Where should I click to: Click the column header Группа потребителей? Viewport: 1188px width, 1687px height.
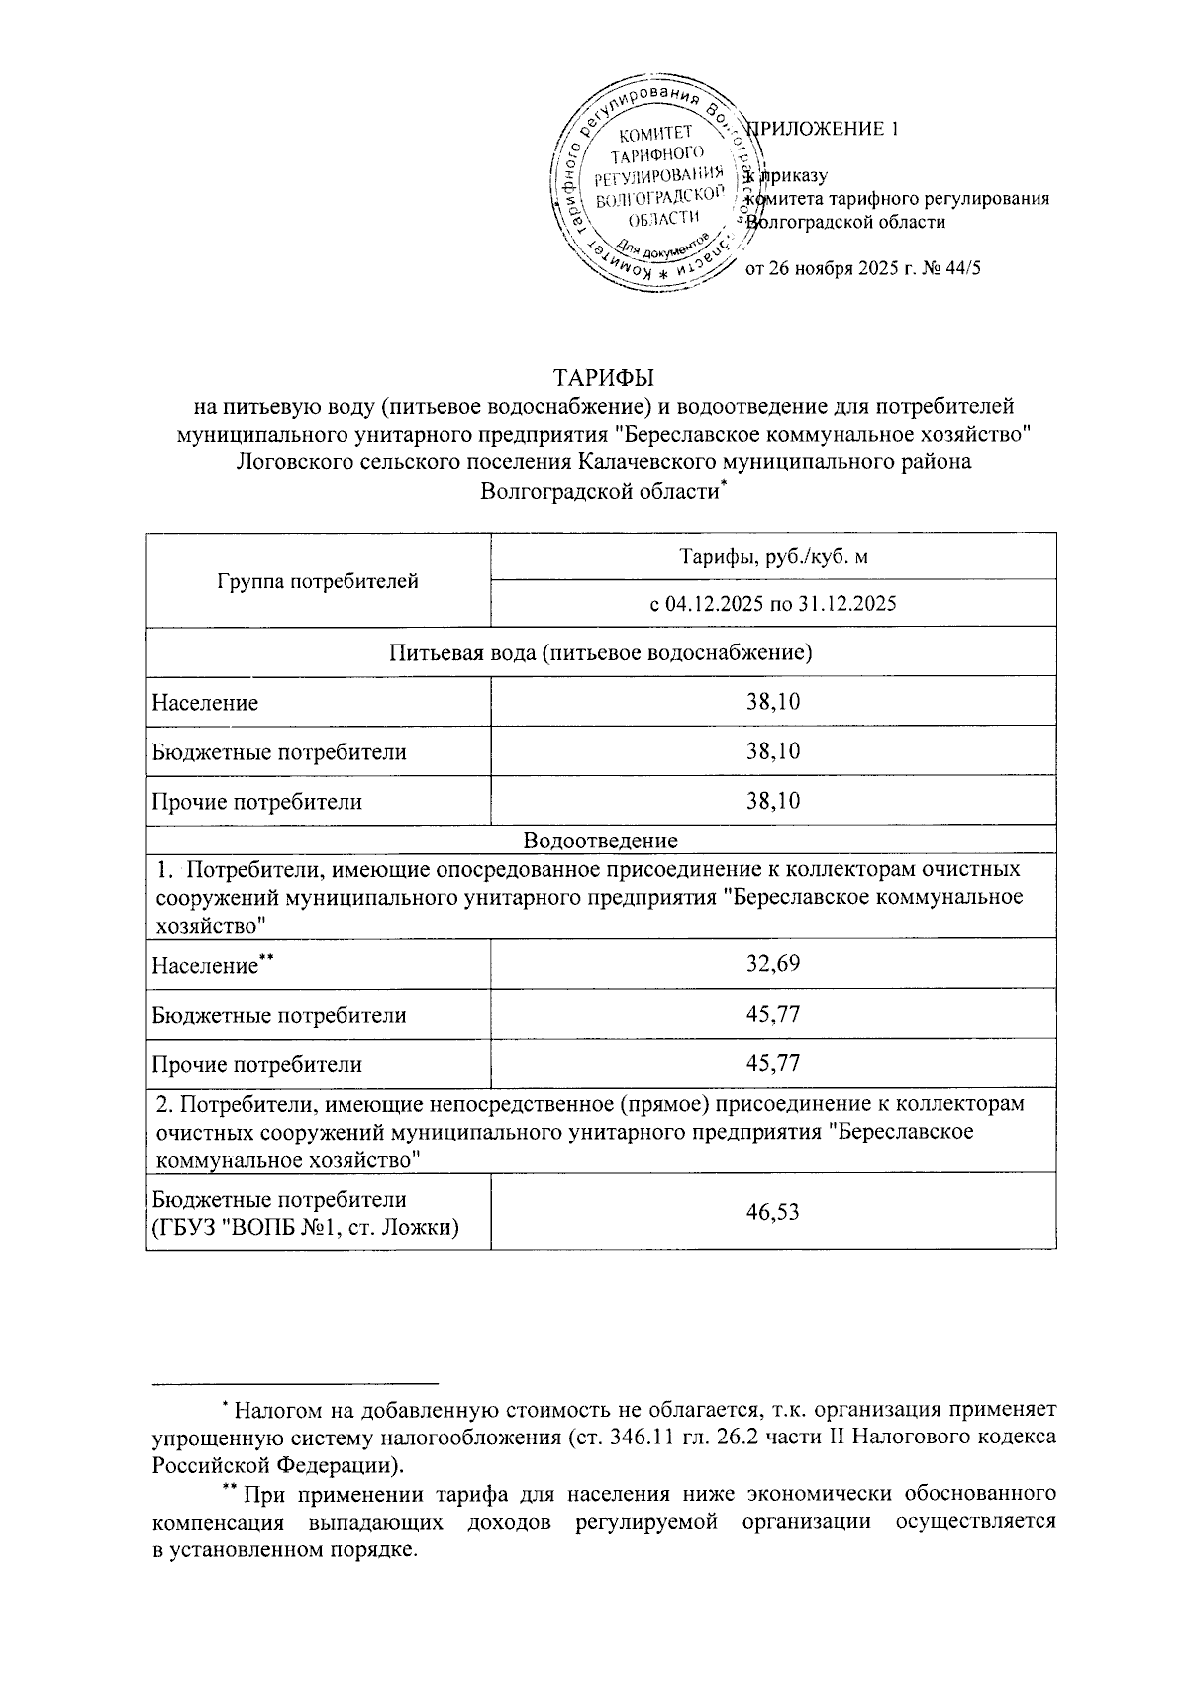(x=318, y=581)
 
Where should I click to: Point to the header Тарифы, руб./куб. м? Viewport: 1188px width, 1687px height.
(x=773, y=557)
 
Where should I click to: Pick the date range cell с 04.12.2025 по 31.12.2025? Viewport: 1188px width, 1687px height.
(x=773, y=603)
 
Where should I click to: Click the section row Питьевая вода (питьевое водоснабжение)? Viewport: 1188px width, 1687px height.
(x=601, y=652)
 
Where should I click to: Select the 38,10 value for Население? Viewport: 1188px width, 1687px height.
(x=773, y=703)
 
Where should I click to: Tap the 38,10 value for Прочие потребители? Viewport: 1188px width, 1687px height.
(x=773, y=801)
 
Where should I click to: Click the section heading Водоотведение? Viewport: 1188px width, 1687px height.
(x=601, y=841)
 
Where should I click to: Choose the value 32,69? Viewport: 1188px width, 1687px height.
(x=773, y=964)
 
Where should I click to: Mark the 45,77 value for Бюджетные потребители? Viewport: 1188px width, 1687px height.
(x=773, y=1015)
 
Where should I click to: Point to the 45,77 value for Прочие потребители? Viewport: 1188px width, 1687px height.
(x=773, y=1064)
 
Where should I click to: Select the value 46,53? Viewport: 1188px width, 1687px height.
(x=773, y=1212)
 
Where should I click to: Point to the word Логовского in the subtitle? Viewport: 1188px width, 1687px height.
(x=290, y=461)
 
